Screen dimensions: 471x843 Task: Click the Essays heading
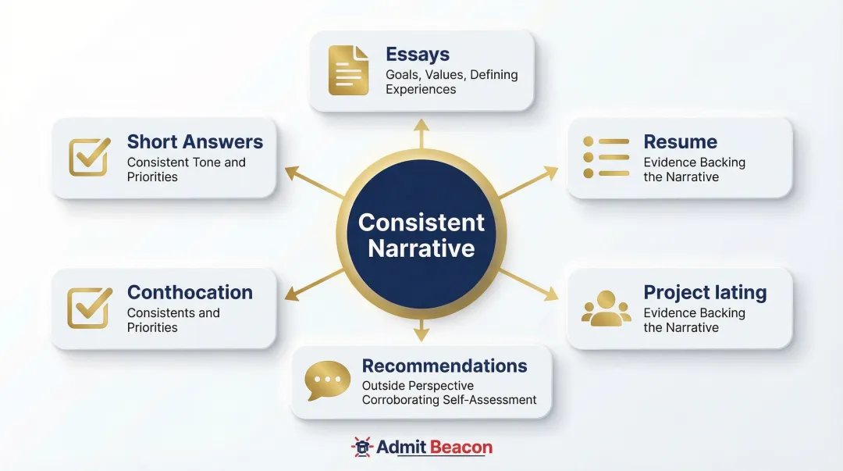coord(417,55)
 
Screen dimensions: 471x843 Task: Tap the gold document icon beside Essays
coord(348,71)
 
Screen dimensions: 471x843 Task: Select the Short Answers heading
coord(194,142)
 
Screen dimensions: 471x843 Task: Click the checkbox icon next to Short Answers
coord(90,157)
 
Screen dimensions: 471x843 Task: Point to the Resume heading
coord(680,142)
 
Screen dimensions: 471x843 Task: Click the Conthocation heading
coord(190,293)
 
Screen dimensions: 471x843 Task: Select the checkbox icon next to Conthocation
coord(90,308)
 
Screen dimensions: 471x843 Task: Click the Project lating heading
coord(705,293)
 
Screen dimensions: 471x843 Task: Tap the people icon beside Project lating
coord(606,308)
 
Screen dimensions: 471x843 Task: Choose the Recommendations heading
coord(444,366)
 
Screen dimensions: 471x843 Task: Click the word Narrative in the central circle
coord(421,248)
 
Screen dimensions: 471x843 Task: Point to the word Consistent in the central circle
coord(421,223)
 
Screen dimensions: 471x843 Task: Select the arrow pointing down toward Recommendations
coord(421,331)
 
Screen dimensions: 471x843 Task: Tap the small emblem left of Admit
coord(362,448)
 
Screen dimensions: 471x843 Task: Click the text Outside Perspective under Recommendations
coord(418,386)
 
